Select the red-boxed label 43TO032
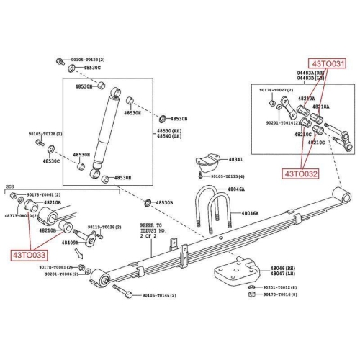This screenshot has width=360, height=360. tap(300, 173)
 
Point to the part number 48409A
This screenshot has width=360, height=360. tap(70, 243)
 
